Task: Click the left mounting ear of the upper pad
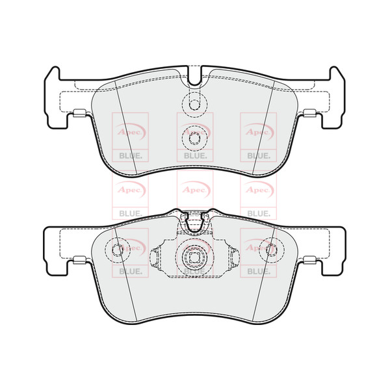[55, 97]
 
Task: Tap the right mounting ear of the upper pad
[335, 97]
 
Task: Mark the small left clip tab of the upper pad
[77, 114]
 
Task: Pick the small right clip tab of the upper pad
[313, 114]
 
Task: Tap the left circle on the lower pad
[118, 249]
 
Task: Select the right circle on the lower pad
[271, 249]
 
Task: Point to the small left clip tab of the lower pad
[77, 261]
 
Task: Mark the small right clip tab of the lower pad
[313, 261]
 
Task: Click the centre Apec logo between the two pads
[194, 189]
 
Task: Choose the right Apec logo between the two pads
[258, 189]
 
